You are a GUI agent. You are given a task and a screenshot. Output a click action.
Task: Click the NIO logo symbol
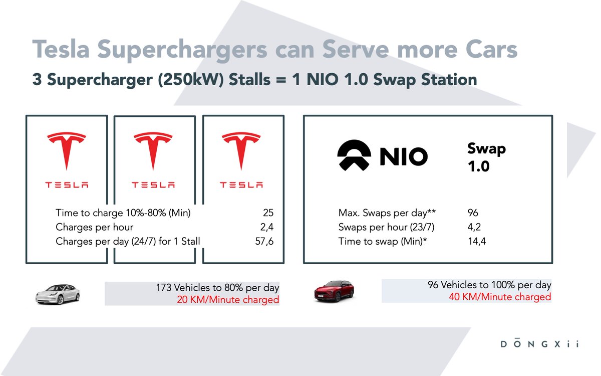pyautogui.click(x=354, y=155)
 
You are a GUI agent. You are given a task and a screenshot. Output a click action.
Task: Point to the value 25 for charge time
pyautogui.click(x=267, y=213)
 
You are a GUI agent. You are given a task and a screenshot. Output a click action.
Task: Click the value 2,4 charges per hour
pyautogui.click(x=266, y=227)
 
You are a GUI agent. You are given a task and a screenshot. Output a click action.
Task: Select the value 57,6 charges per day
pyautogui.click(x=264, y=242)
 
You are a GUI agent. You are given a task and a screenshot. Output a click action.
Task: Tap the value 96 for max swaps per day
pyautogui.click(x=473, y=213)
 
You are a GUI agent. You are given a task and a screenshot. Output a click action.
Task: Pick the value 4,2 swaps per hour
pyautogui.click(x=474, y=227)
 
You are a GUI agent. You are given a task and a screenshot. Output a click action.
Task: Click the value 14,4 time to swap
pyautogui.click(x=476, y=242)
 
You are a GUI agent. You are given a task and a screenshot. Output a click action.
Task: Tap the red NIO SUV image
pyautogui.click(x=334, y=290)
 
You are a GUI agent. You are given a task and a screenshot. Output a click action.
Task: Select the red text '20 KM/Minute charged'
pyautogui.click(x=228, y=300)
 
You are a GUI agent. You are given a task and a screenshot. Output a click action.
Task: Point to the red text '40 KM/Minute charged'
pyautogui.click(x=500, y=297)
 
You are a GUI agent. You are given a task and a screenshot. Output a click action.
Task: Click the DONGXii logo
pyautogui.click(x=539, y=344)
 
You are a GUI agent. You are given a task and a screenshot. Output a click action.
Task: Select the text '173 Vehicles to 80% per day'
pyautogui.click(x=218, y=288)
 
